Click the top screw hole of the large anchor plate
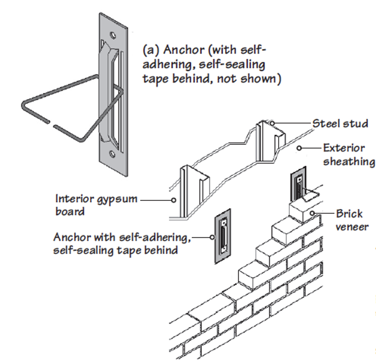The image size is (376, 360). point(113,35)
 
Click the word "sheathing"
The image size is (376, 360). point(349,161)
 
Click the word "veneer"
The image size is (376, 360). point(351,227)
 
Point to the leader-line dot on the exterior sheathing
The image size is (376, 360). point(299,148)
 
